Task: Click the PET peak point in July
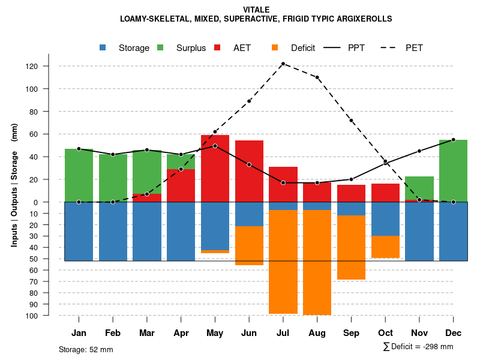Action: click(283, 64)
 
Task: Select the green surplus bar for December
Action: click(453, 171)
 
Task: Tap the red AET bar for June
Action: click(249, 171)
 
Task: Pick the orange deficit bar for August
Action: click(317, 262)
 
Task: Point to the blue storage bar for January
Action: click(79, 231)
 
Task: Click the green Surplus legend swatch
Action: click(160, 47)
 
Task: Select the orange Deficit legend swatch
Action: click(275, 47)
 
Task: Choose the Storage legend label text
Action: click(134, 48)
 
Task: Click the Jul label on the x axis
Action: click(283, 333)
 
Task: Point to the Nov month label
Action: click(419, 333)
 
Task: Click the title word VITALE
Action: click(256, 10)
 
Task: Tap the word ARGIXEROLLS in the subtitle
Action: click(363, 19)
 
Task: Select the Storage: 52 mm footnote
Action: click(86, 349)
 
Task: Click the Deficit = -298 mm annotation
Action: click(421, 347)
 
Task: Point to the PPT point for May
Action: click(215, 146)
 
